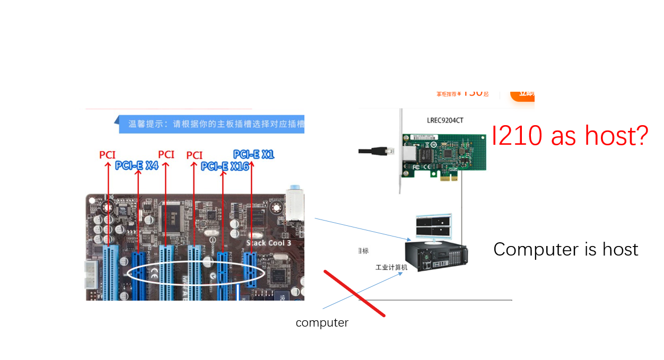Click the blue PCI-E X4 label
click(x=137, y=165)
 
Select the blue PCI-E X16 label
click(x=222, y=166)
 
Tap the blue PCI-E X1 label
click(x=254, y=154)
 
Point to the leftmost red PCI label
click(x=107, y=155)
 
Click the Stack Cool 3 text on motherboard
click(x=268, y=243)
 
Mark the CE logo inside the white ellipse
click(x=154, y=274)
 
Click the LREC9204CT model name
click(x=445, y=120)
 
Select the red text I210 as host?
click(x=570, y=136)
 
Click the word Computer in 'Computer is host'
click(x=528, y=249)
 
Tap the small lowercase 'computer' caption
click(x=322, y=322)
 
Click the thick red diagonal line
click(x=354, y=294)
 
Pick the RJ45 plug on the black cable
click(x=389, y=151)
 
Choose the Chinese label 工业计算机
click(x=391, y=267)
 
